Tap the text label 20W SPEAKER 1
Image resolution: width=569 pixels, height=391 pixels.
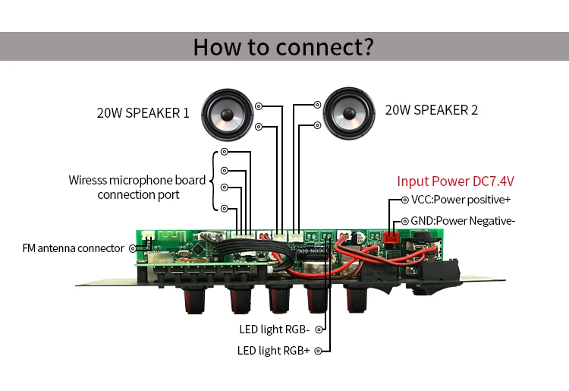(143, 113)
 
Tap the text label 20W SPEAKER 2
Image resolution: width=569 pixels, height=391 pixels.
(431, 110)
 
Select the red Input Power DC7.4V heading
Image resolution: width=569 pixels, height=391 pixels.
(455, 181)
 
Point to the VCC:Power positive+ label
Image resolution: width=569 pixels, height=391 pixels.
(461, 200)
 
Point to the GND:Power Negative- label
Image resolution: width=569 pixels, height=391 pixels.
(463, 221)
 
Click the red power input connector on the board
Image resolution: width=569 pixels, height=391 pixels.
(391, 237)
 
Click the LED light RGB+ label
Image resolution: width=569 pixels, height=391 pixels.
(273, 350)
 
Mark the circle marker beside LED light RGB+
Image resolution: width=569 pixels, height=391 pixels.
(317, 350)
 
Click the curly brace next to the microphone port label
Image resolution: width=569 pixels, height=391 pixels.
(215, 180)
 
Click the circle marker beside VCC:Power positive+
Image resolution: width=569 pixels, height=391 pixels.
(404, 200)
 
